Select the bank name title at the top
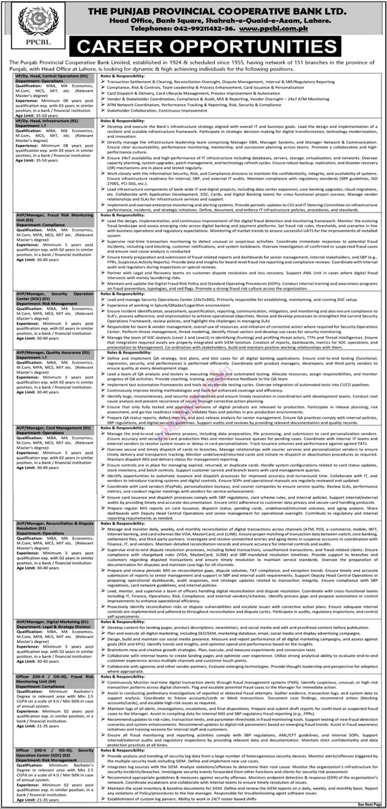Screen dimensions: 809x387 point(217,11)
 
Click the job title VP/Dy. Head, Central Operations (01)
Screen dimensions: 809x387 point(52,76)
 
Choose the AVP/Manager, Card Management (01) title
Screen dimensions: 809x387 point(53,428)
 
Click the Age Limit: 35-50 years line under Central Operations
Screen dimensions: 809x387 point(37,116)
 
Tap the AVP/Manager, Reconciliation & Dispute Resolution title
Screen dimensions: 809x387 point(55,526)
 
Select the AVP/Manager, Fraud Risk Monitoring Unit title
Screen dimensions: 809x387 point(55,218)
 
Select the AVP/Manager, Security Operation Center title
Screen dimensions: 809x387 point(55,296)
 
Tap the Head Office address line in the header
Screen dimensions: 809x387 point(217,21)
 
